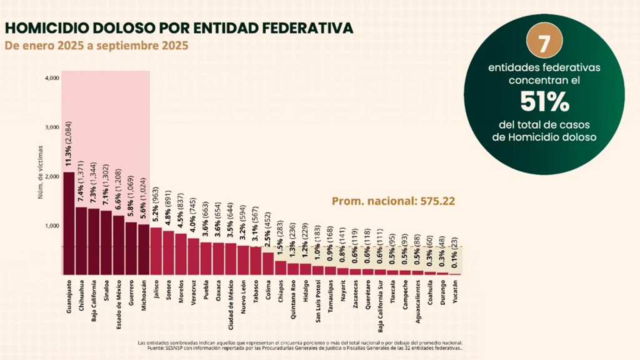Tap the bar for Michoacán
click(143, 249)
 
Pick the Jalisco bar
click(156, 251)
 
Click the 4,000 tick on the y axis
click(52, 78)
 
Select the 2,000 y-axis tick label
click(52, 176)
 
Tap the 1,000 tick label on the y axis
click(52, 226)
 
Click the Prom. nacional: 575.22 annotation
click(392, 201)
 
